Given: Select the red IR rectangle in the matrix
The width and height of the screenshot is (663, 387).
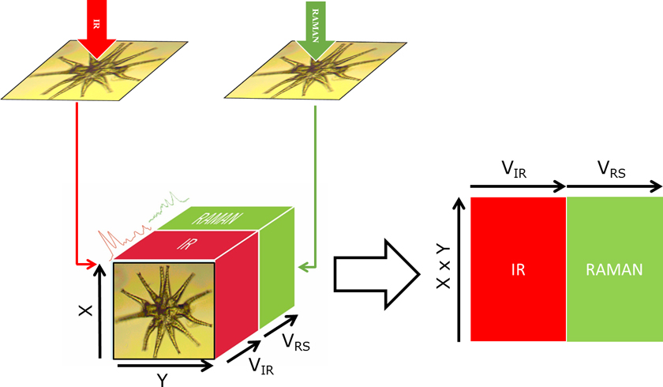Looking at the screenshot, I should point(518,269).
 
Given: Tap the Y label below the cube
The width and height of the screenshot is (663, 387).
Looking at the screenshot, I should point(162,380).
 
